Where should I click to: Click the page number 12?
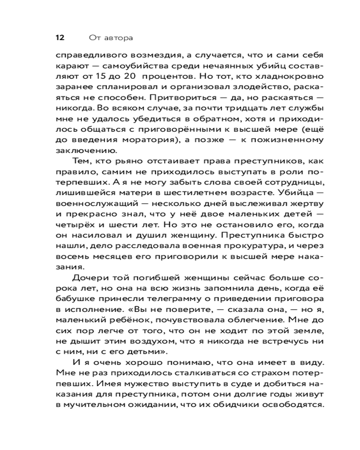click(x=59, y=38)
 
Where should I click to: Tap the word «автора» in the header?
click(x=118, y=38)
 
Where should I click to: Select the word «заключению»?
click(x=84, y=151)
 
